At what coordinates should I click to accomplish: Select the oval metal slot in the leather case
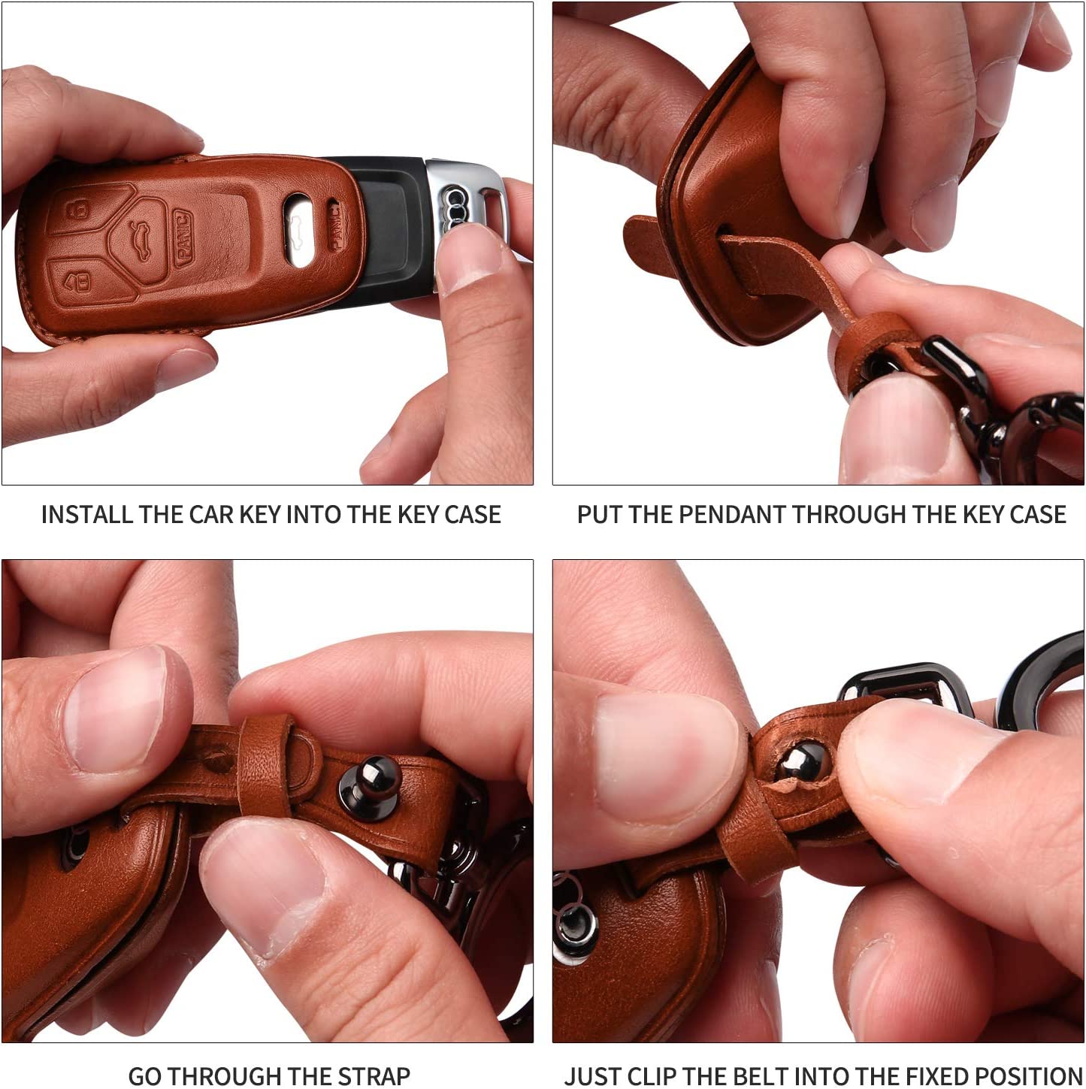(x=298, y=230)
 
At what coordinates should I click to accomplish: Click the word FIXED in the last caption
(x=938, y=1075)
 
